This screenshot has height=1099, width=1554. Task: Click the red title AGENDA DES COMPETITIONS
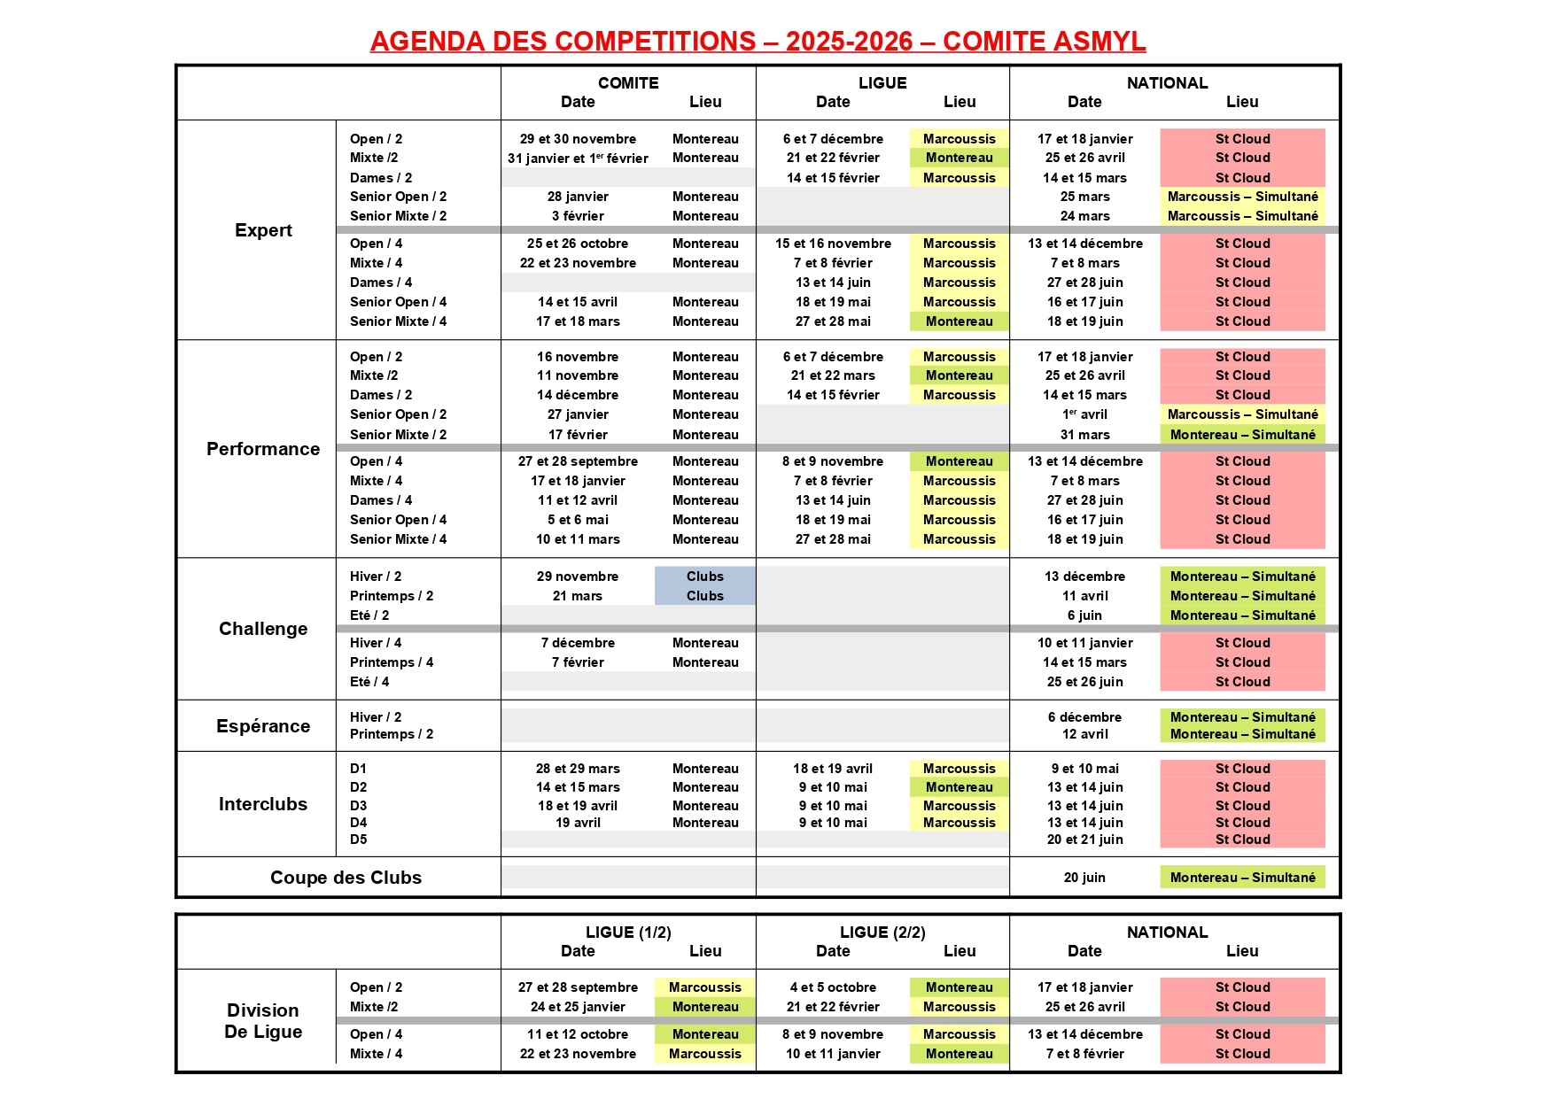[758, 42]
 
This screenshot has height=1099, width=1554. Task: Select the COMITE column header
[628, 83]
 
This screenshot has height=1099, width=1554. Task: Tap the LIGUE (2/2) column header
[882, 933]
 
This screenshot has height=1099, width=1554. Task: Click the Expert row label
[263, 230]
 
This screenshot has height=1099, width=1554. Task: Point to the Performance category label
[263, 449]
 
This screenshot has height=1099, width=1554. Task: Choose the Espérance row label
[263, 726]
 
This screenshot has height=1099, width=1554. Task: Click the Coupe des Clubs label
[346, 878]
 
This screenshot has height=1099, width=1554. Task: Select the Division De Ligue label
[263, 1021]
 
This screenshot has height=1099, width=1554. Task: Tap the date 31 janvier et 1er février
[578, 159]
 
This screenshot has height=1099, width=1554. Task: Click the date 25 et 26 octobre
[578, 244]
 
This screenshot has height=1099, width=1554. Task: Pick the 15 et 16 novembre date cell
[833, 244]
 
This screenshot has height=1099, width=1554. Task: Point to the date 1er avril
[1084, 414]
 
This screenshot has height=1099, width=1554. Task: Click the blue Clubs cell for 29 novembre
[705, 577]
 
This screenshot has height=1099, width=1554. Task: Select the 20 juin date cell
[1084, 878]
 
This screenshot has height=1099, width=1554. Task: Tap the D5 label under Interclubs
[358, 840]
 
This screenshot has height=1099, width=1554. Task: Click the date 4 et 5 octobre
[833, 987]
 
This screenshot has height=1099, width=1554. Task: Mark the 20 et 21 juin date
[1084, 840]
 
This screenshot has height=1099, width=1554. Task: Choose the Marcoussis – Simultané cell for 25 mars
[1242, 197]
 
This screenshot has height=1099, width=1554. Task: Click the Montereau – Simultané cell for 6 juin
[1242, 615]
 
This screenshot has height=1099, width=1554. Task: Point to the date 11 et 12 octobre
[578, 1034]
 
